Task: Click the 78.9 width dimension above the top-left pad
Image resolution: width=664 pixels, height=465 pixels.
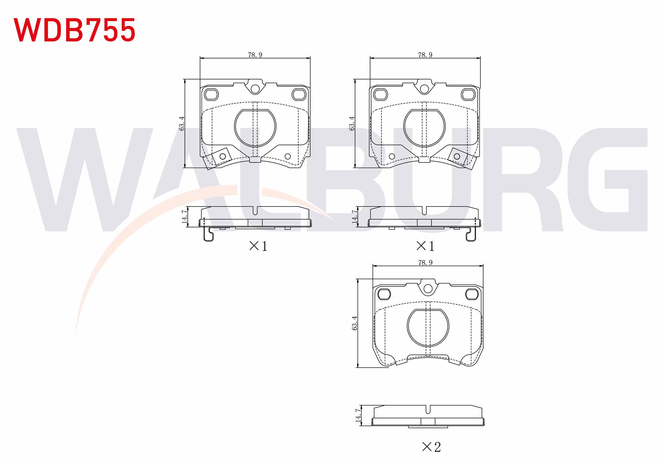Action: tap(255, 55)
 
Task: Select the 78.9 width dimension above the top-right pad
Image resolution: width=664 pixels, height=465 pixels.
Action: tap(425, 55)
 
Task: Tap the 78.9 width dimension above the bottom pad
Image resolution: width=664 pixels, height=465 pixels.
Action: tap(425, 263)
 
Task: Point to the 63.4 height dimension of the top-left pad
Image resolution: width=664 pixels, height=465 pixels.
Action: tap(182, 123)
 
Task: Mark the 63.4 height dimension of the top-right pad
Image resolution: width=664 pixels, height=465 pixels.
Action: tap(352, 123)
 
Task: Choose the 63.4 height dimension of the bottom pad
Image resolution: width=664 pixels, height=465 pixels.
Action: tap(354, 323)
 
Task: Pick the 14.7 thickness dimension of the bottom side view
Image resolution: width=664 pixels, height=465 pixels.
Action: tap(358, 415)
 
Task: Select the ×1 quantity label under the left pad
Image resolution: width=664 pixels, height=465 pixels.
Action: tap(258, 246)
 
